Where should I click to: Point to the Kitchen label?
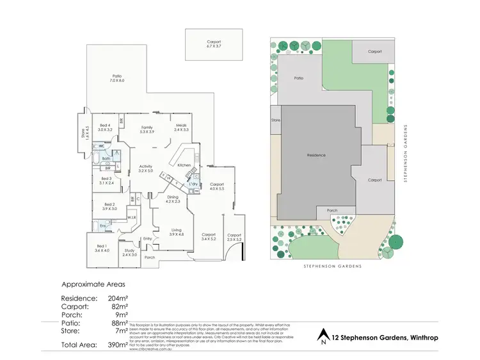[x=184, y=165]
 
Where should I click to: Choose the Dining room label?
[x=173, y=199]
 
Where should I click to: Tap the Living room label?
[x=176, y=231]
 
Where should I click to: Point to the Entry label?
[x=148, y=239]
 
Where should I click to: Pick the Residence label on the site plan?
[x=316, y=155]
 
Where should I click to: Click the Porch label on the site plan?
[x=332, y=210]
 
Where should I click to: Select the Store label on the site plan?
[x=276, y=120]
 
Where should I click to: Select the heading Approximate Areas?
[x=93, y=284]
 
